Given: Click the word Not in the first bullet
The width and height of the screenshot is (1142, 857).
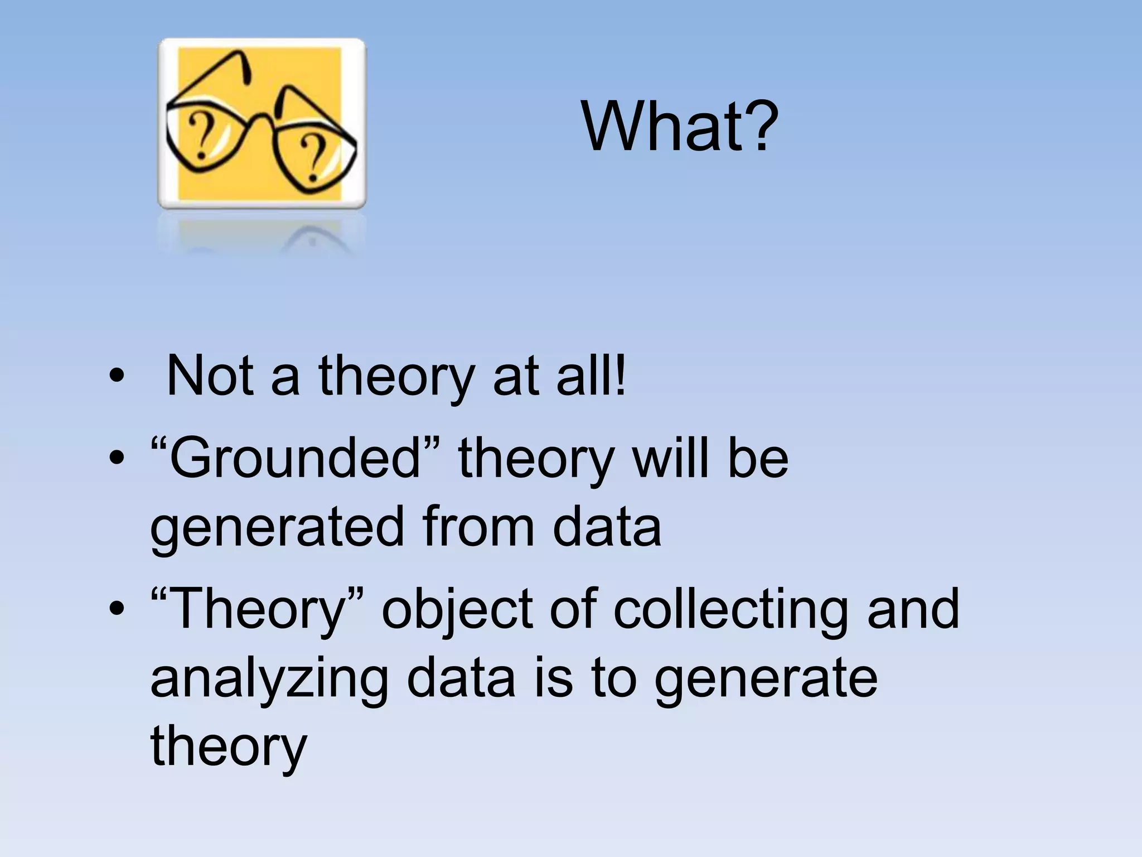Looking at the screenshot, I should (210, 375).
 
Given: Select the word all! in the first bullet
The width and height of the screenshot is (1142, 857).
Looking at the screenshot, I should (592, 375).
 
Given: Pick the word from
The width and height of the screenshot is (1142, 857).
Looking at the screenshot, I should (477, 527).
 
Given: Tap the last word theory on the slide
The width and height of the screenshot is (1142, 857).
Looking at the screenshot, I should (229, 747).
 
